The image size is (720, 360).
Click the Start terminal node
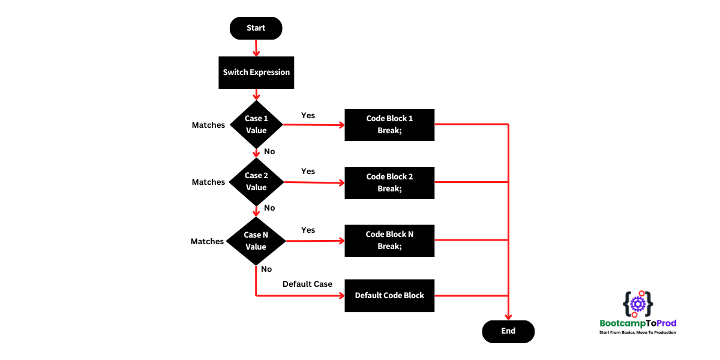(256, 28)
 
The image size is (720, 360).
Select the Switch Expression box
(256, 72)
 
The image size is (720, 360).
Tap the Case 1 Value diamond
(256, 124)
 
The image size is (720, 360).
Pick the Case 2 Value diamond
(256, 181)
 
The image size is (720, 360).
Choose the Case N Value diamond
(256, 241)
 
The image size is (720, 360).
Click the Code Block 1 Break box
(389, 125)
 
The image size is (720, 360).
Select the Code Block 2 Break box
(389, 182)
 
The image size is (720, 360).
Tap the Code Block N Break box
(389, 240)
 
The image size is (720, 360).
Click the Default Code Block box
(389, 295)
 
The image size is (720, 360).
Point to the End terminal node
(508, 331)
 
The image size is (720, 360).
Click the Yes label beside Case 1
(308, 115)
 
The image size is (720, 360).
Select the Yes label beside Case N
(308, 230)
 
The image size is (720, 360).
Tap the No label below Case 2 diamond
(269, 208)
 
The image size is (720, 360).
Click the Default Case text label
(307, 284)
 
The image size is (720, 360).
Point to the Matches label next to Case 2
(208, 182)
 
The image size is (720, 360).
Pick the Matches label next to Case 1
(208, 125)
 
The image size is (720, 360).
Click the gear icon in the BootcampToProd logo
(638, 305)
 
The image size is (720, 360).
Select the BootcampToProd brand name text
(638, 323)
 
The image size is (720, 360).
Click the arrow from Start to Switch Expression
(256, 47)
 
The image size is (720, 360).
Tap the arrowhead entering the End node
(509, 317)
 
